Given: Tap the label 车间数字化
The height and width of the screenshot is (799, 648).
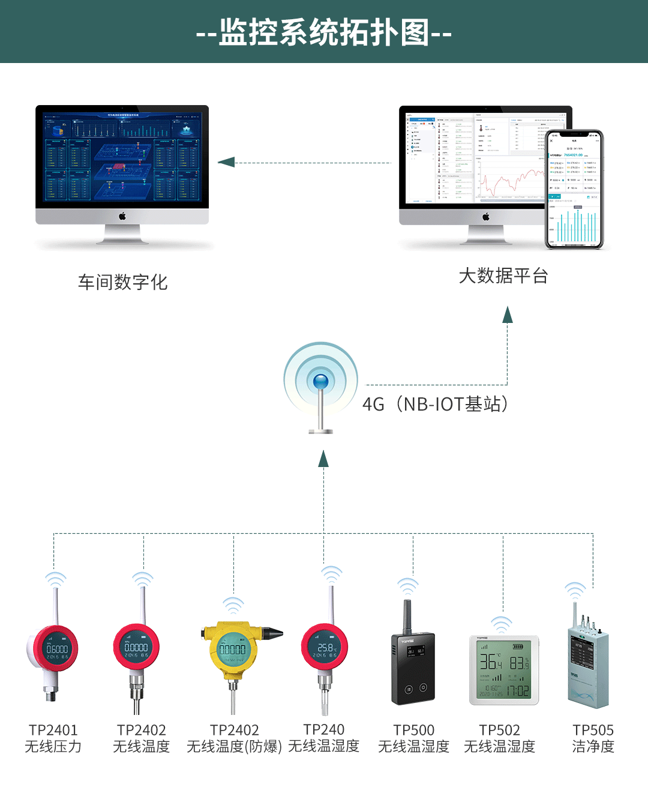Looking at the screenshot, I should click(x=122, y=282).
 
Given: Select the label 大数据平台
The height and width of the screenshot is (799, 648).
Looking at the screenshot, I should click(x=503, y=276).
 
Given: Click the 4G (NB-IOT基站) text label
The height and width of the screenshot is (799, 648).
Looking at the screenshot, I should click(x=436, y=404).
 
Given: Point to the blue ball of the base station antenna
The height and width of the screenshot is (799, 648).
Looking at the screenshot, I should click(x=321, y=381).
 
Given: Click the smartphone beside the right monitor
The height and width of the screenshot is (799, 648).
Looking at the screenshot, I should click(x=575, y=189).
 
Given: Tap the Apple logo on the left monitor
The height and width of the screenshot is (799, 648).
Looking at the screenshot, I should click(x=122, y=216).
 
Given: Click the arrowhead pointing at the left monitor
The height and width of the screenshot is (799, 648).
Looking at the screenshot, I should click(x=226, y=162).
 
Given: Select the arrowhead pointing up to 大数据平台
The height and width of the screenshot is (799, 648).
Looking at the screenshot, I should click(x=508, y=315).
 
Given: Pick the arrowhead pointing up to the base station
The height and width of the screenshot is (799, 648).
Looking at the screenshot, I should click(x=323, y=459).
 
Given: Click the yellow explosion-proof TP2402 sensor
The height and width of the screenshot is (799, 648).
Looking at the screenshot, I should click(x=234, y=651).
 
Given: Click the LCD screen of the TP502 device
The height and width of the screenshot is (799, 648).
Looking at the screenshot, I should click(x=504, y=669).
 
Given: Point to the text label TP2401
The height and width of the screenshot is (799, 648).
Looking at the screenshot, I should click(x=53, y=730).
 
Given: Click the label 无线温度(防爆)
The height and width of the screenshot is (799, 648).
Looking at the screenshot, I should click(x=234, y=747).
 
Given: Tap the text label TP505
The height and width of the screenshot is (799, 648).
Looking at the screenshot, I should click(x=593, y=730).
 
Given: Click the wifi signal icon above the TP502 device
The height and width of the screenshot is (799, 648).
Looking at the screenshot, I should click(x=502, y=624).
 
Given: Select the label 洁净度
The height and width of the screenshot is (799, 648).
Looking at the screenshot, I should click(x=593, y=747).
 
